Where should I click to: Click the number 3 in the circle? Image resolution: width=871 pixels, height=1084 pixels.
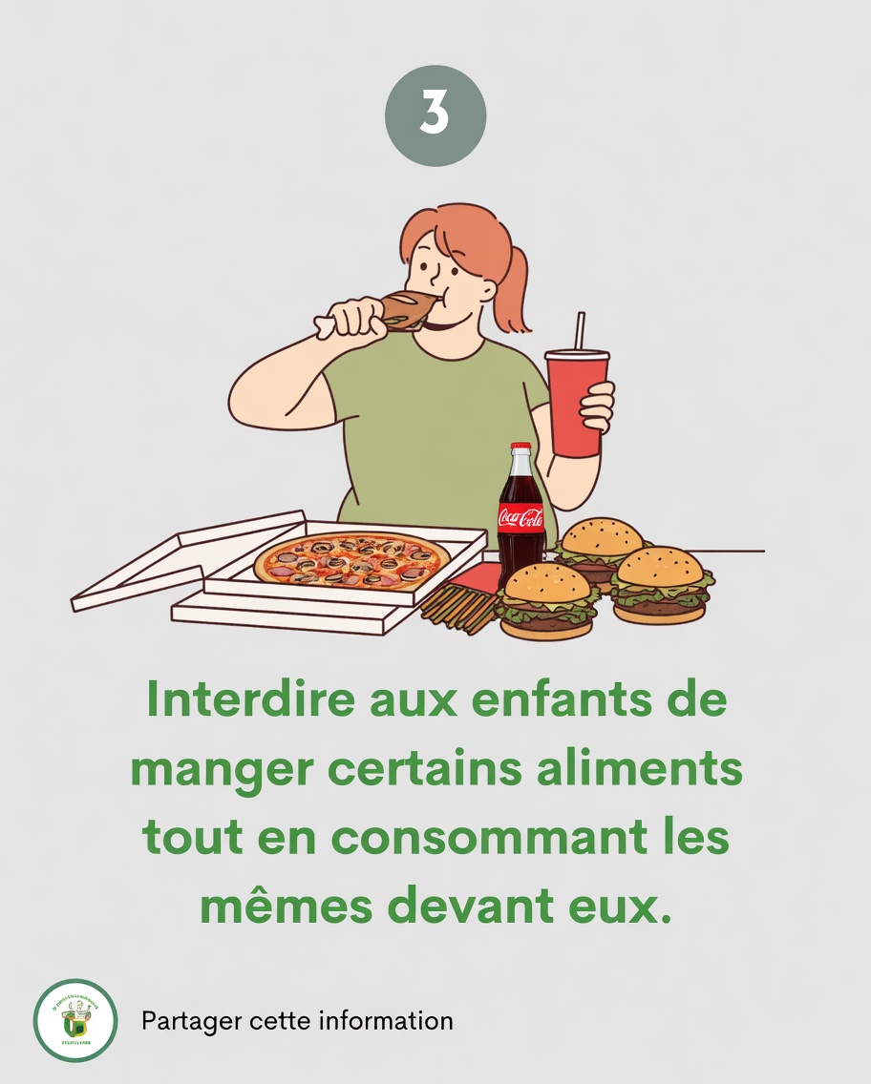pos(435,115)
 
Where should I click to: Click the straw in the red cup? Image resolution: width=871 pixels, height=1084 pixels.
pos(579,330)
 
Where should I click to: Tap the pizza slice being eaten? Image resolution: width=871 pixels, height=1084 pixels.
pos(406,310)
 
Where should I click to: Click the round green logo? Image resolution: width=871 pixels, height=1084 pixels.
pos(74,1020)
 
